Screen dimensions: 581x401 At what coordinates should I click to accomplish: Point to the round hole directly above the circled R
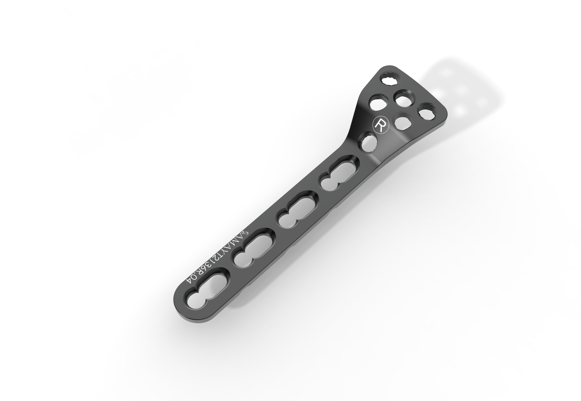click(x=377, y=103)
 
